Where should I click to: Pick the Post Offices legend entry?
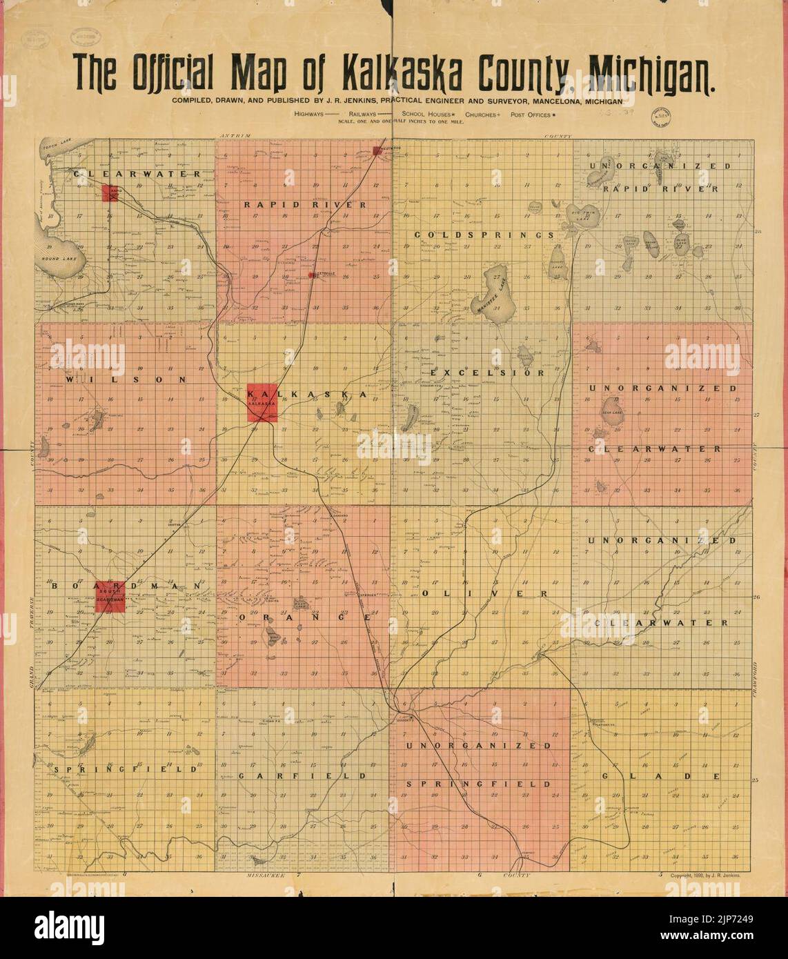534,114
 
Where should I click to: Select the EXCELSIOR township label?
488,373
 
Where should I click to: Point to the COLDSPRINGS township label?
484,235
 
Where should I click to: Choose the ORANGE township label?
305,618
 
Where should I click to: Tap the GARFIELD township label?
303,775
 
